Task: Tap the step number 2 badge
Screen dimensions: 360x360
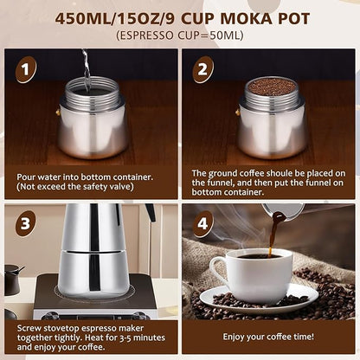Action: (x=202, y=70)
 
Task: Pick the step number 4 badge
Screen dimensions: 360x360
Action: (x=202, y=223)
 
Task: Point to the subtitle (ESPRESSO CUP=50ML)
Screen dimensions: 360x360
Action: (x=179, y=35)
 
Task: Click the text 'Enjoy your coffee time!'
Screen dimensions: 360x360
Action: (x=269, y=337)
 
